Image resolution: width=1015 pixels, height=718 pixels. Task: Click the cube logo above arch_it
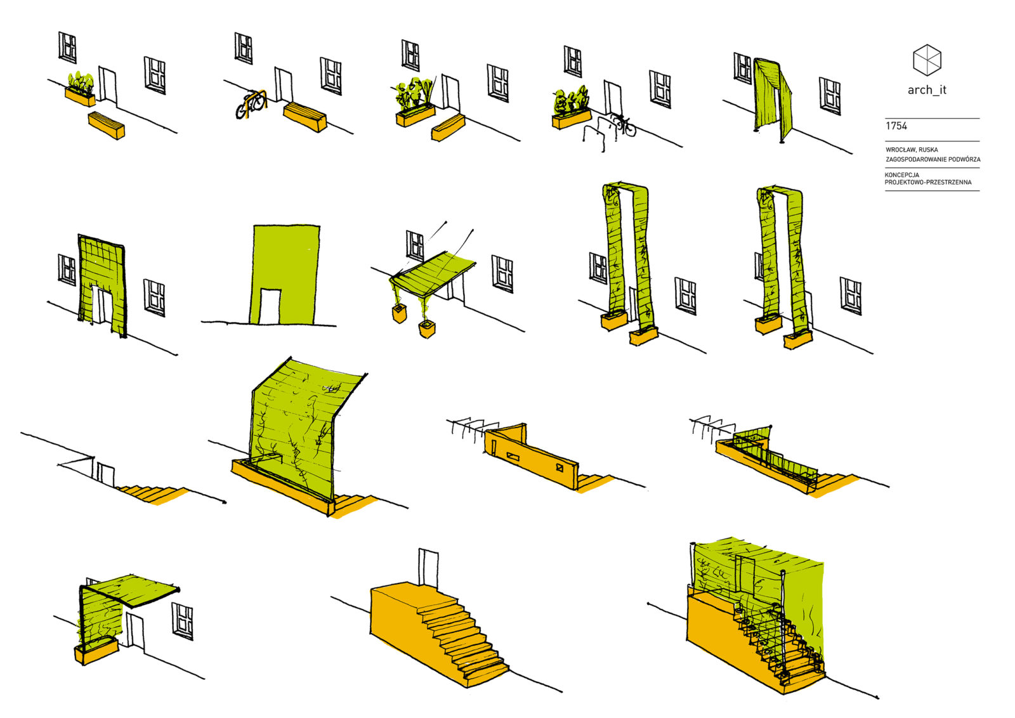click(927, 60)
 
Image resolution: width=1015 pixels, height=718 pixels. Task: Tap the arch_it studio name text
click(927, 90)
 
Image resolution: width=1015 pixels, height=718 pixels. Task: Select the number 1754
click(896, 126)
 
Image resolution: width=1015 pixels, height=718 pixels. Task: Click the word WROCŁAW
click(899, 150)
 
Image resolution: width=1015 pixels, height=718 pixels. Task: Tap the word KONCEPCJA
click(901, 175)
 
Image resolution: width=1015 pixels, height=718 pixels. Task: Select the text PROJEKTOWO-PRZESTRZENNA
click(928, 183)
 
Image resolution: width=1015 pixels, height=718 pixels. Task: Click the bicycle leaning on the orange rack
click(250, 106)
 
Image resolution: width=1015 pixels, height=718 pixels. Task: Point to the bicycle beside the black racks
click(624, 124)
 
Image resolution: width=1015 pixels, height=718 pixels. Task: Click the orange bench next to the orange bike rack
click(305, 117)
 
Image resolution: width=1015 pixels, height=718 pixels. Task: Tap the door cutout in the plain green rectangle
click(270, 307)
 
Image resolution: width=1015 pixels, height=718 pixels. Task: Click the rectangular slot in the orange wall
click(513, 457)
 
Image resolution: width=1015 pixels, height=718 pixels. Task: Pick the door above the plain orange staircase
click(428, 569)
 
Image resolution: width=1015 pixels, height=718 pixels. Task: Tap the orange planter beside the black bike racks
click(572, 119)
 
